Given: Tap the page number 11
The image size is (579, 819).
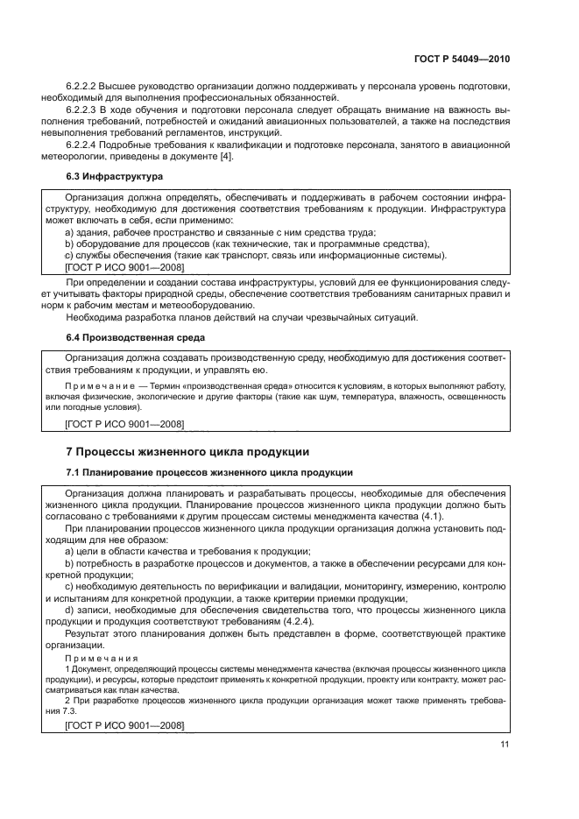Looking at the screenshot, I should coord(504,744).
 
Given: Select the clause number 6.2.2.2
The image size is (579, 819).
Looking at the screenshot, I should coord(81,86).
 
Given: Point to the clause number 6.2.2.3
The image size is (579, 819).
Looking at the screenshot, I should coord(81,109).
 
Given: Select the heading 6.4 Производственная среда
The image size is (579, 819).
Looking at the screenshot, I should coord(135,336).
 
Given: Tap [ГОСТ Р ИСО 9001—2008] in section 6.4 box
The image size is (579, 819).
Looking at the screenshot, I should coord(124,424).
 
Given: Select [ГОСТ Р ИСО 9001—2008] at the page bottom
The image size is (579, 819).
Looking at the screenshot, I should coord(124,726).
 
